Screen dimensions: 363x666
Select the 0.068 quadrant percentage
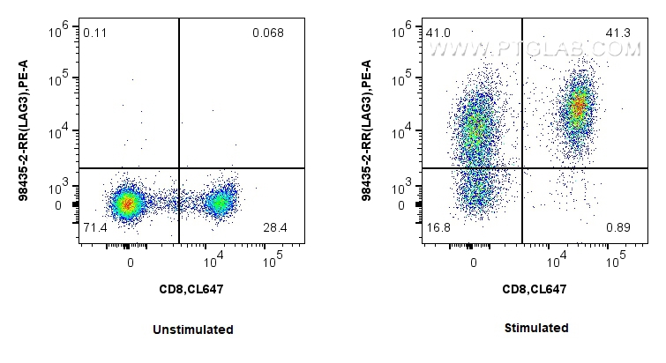pos(267,33)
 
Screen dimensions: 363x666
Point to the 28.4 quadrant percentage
pos(274,229)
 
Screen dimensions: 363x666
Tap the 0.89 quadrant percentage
pos(617,229)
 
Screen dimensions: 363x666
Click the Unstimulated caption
pos(192,330)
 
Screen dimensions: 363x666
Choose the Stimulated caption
pos(536,329)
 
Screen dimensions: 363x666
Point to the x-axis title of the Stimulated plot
pos(535,289)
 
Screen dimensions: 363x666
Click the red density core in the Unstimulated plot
pos(127,204)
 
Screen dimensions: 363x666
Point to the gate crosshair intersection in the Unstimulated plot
pos(179,167)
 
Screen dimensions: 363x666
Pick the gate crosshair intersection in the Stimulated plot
pos(523,167)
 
